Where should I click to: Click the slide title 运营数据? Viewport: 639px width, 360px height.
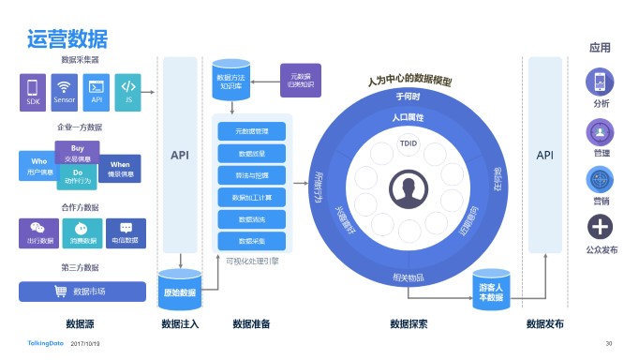[67, 38]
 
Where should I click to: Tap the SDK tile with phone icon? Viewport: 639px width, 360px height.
[34, 92]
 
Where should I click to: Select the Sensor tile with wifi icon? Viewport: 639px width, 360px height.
[65, 92]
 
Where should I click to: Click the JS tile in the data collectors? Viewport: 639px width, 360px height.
[127, 92]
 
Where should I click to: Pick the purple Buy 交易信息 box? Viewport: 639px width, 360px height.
[78, 152]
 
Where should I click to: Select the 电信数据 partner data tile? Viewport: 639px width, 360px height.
[126, 232]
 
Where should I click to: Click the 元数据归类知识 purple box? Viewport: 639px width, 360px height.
[301, 80]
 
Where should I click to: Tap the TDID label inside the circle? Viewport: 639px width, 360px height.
[408, 145]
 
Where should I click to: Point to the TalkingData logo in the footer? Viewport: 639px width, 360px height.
[44, 343]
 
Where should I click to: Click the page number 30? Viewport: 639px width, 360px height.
[609, 343]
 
